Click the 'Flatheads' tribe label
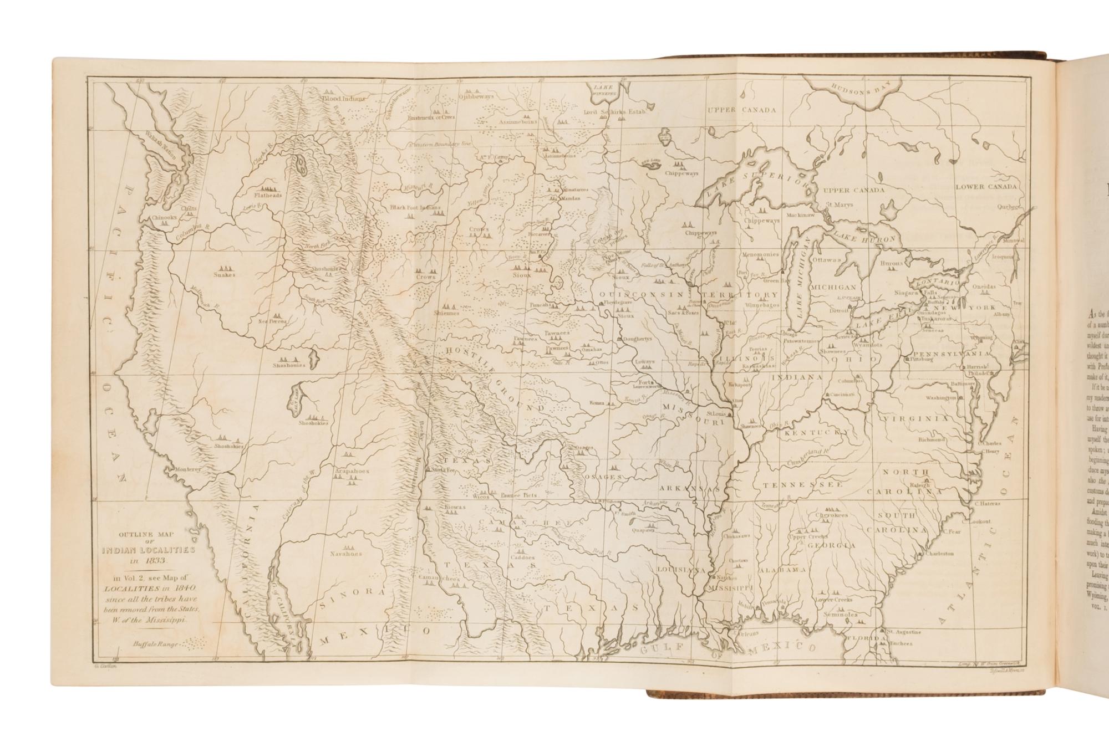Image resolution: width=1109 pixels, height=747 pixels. point(268,195)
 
